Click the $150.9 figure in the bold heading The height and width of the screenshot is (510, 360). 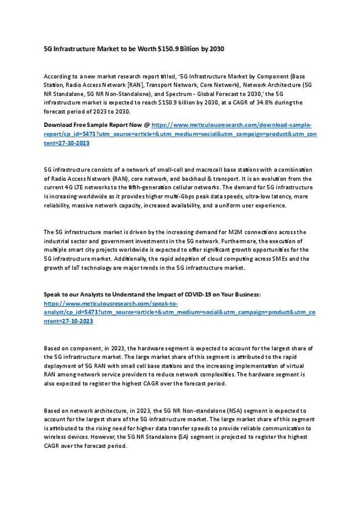click(170, 49)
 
